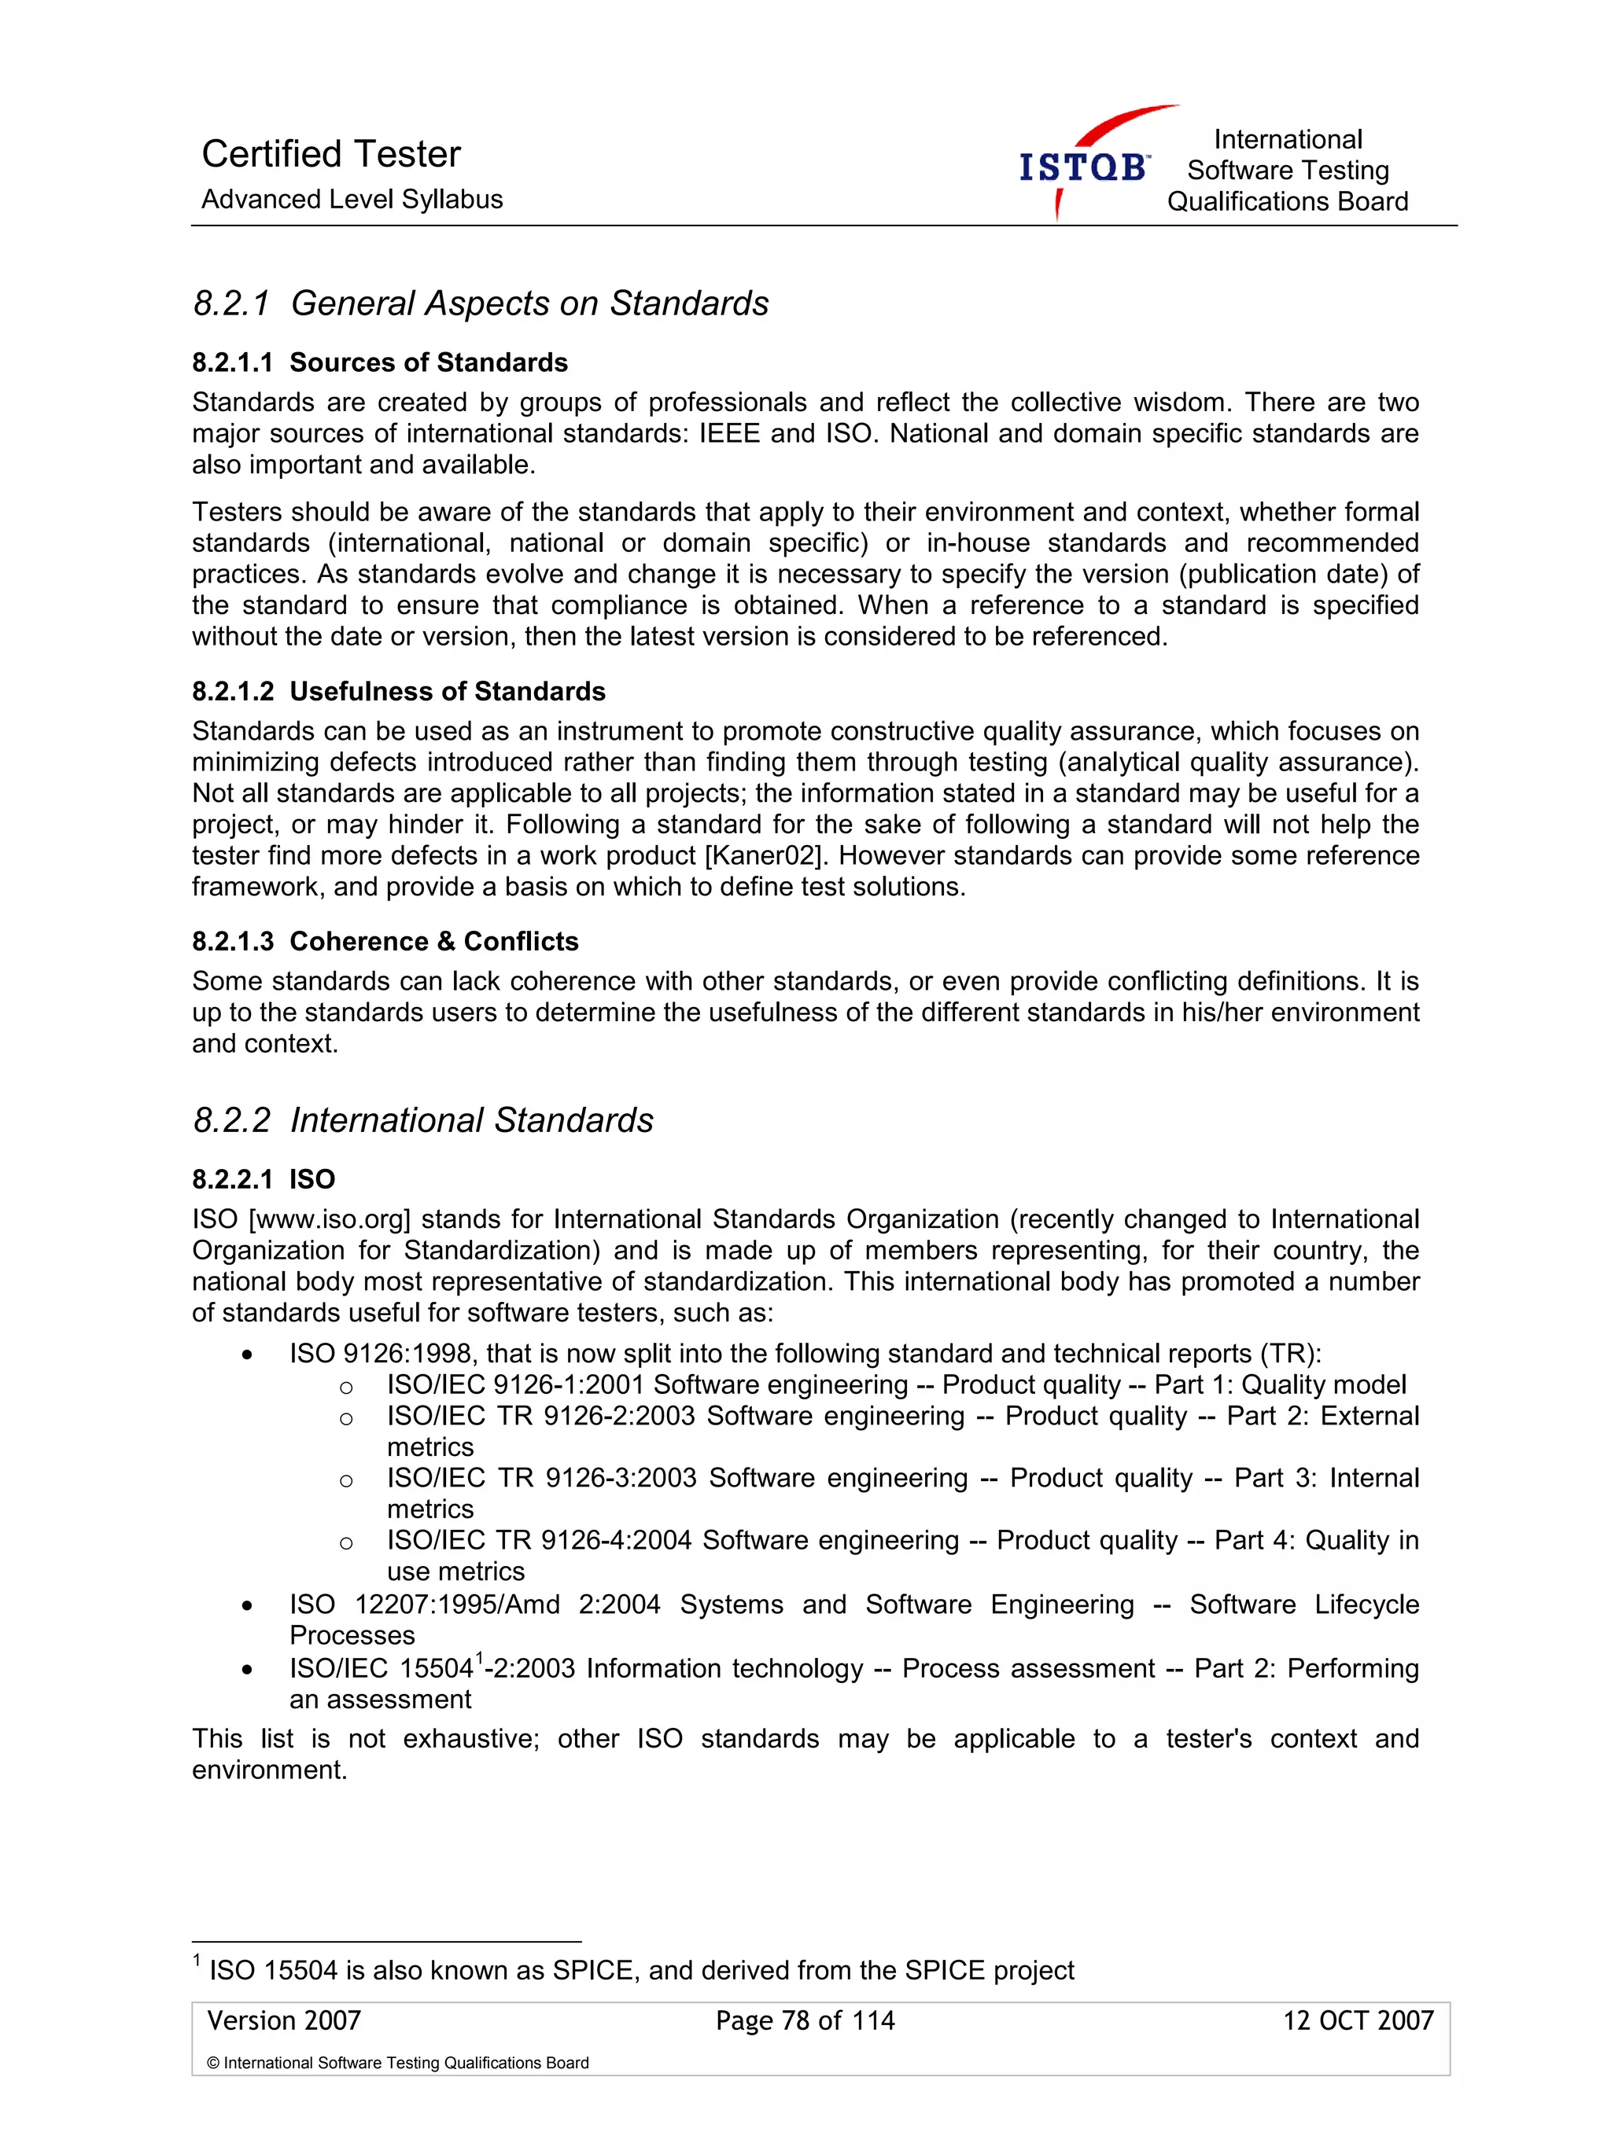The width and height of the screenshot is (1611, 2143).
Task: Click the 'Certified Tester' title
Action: [330, 154]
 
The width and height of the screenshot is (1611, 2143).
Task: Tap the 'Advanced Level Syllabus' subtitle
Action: [352, 200]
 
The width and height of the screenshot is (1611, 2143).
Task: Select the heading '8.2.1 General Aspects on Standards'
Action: [481, 303]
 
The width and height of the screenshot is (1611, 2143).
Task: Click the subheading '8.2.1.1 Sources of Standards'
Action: [380, 362]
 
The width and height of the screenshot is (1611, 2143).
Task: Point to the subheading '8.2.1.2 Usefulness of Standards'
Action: [398, 691]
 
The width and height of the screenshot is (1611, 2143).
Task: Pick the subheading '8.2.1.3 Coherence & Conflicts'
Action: [385, 941]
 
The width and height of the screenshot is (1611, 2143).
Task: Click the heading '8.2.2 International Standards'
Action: [422, 1120]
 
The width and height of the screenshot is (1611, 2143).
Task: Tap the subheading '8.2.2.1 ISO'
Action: [264, 1179]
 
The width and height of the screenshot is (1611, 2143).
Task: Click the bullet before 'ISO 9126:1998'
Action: [248, 1355]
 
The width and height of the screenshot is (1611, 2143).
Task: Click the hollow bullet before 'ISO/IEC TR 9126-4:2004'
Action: [346, 1543]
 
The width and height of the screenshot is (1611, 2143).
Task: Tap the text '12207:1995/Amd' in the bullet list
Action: [456, 1604]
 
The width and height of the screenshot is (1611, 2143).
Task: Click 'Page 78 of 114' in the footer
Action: [805, 2021]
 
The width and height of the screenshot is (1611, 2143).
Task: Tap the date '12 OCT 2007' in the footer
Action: [1357, 2021]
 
